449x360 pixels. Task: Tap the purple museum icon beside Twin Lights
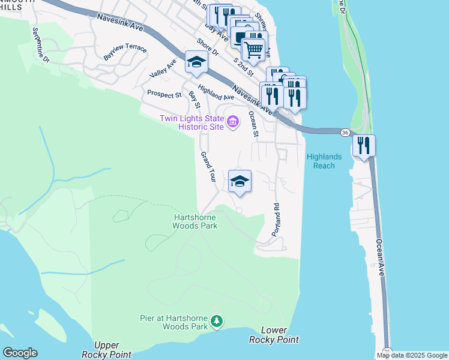click(x=234, y=122)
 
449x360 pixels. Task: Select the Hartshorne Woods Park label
click(x=194, y=221)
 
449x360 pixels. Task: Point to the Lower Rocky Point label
click(x=274, y=335)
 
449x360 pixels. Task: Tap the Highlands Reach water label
click(x=324, y=161)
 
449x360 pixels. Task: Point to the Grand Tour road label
click(x=208, y=167)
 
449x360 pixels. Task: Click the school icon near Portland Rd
click(x=240, y=182)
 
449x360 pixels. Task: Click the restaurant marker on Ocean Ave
click(x=364, y=146)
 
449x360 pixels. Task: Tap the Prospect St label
click(x=164, y=95)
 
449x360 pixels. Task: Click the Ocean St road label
click(x=253, y=125)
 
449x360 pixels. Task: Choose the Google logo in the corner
click(x=20, y=353)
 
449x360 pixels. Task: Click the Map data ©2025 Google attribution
click(x=412, y=355)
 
